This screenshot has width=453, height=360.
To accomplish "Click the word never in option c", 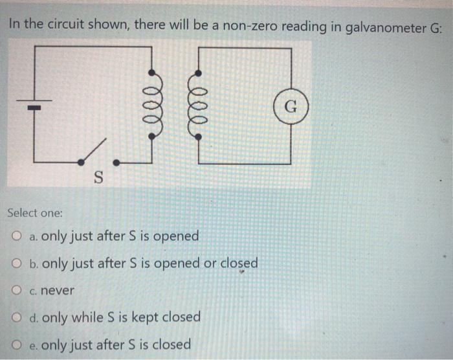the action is (58, 291).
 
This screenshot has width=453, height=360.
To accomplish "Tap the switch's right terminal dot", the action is (116, 161).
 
